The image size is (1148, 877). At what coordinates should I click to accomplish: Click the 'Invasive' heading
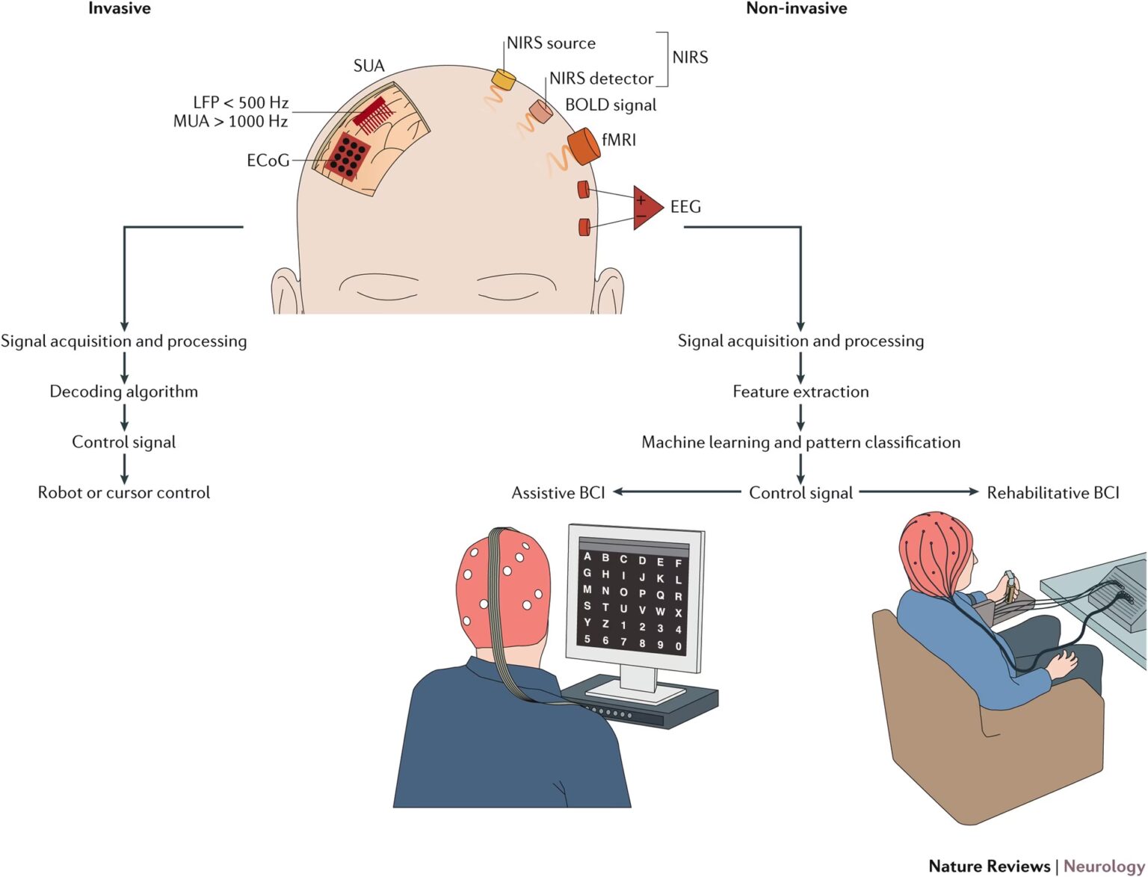(x=120, y=9)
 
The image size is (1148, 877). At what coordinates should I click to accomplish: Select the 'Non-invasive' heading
(x=796, y=9)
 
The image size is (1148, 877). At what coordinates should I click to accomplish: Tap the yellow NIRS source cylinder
(x=504, y=78)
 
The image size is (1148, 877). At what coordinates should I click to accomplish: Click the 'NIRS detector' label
(x=601, y=78)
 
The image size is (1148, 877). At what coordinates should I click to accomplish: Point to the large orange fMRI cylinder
(x=584, y=146)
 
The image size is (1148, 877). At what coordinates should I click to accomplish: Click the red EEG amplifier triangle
(x=646, y=208)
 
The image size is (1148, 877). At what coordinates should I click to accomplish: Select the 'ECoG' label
(x=268, y=161)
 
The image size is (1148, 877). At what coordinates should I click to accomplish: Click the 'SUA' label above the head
(x=368, y=66)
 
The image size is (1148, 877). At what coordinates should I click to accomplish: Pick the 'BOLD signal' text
(x=611, y=105)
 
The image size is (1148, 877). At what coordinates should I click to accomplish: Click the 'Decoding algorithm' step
(x=124, y=391)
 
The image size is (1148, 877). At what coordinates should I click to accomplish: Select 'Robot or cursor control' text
(x=124, y=493)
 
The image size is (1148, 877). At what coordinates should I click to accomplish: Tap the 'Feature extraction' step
(x=800, y=391)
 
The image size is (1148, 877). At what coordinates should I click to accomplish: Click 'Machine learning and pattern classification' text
(x=800, y=442)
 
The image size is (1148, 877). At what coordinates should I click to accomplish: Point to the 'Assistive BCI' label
(x=558, y=493)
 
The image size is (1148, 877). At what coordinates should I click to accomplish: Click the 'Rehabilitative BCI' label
(x=1053, y=493)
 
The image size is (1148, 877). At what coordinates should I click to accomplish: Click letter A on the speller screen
(x=587, y=557)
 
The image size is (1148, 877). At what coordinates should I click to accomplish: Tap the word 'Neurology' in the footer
(x=1104, y=866)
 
